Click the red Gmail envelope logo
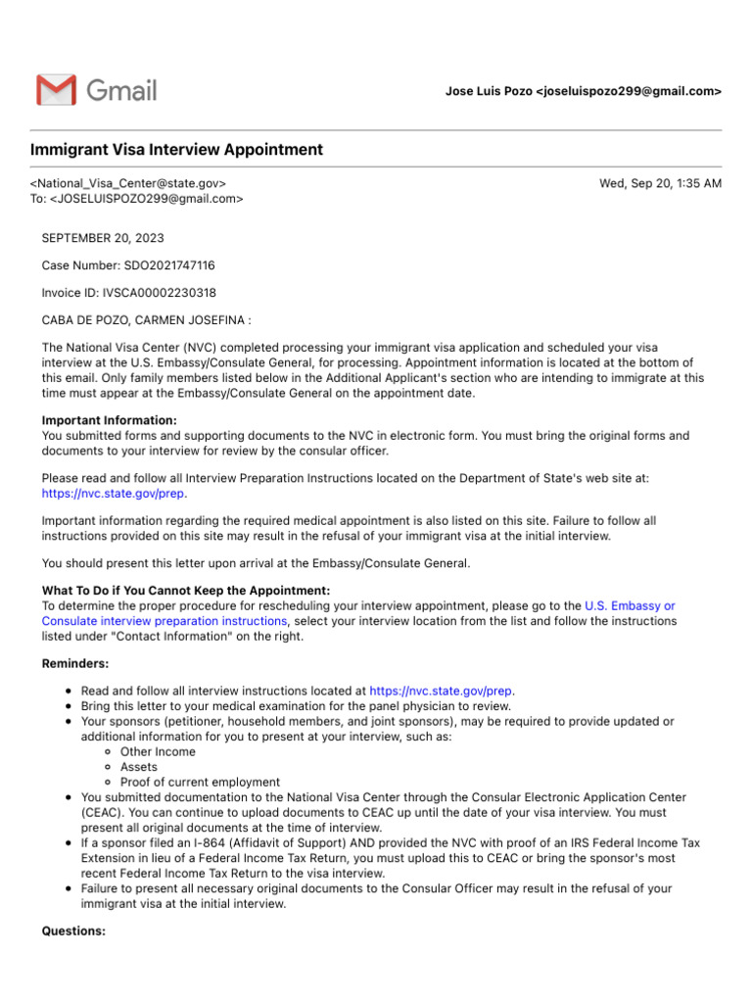[x=56, y=90]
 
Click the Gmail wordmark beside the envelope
[x=120, y=90]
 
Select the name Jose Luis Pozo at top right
[x=489, y=91]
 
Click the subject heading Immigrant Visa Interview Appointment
[x=176, y=150]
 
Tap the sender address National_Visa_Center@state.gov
[x=128, y=183]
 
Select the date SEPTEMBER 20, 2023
[x=103, y=238]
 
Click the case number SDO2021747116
[x=168, y=265]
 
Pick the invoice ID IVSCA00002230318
[x=161, y=293]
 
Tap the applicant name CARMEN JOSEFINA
[x=195, y=320]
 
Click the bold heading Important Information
[x=110, y=420]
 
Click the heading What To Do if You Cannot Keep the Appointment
[x=186, y=590]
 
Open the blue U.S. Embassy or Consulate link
[x=630, y=605]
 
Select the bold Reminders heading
[x=74, y=663]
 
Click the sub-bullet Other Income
[x=158, y=752]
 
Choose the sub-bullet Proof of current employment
[x=200, y=783]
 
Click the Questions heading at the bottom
[x=73, y=931]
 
